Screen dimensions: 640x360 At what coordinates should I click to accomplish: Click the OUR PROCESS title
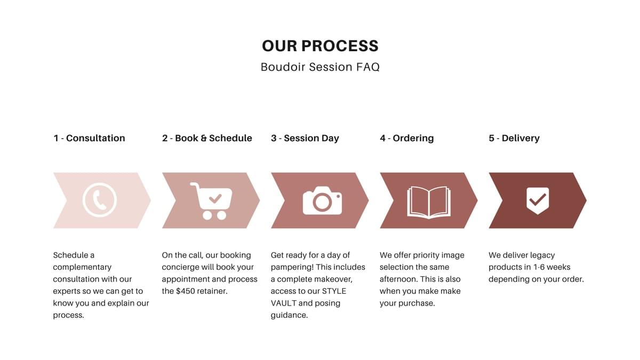click(x=320, y=46)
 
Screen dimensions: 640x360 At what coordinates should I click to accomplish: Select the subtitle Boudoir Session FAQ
click(x=320, y=67)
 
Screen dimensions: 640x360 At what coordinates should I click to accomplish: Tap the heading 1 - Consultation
click(x=89, y=138)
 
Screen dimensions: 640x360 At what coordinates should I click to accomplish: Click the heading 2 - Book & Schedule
click(x=207, y=138)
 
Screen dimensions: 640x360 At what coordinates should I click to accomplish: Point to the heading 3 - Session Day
click(x=305, y=138)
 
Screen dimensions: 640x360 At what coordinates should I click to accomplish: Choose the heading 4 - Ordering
click(x=406, y=138)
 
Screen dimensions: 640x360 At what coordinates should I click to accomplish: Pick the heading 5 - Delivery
click(x=514, y=138)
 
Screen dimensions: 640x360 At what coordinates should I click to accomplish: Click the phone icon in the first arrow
click(x=99, y=200)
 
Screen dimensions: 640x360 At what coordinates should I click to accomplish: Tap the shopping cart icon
click(x=211, y=202)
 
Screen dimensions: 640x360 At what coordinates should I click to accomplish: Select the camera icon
click(x=322, y=201)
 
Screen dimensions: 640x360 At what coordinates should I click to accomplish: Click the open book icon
click(x=429, y=202)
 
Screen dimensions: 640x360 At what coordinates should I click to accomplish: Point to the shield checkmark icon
click(x=538, y=201)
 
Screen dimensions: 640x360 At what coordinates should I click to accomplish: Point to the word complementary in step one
click(x=82, y=267)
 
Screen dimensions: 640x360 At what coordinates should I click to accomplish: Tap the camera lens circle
click(x=322, y=202)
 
